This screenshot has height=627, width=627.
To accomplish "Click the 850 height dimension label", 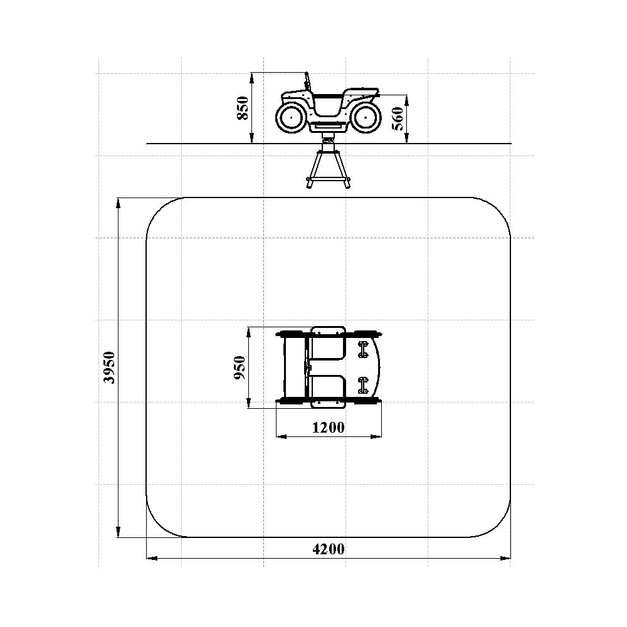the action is [243, 108].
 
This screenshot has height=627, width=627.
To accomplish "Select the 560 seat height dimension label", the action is [398, 119].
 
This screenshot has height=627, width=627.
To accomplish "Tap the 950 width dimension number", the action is [240, 367].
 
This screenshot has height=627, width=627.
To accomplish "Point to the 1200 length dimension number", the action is [328, 428].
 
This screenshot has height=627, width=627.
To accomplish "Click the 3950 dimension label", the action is [109, 367].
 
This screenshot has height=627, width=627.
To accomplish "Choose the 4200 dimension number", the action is [329, 549].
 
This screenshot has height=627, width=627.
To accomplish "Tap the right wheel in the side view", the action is [365, 118].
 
